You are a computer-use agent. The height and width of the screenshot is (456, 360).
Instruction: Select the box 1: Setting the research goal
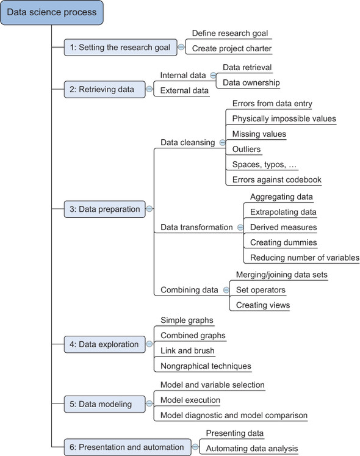[x=120, y=47]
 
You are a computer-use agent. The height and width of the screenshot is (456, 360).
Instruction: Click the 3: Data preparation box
[x=104, y=209]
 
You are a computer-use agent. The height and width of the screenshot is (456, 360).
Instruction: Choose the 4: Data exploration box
[x=104, y=344]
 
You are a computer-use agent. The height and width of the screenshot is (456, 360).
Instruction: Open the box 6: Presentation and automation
[x=126, y=447]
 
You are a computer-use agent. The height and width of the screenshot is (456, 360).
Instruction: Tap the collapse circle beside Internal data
[x=213, y=75]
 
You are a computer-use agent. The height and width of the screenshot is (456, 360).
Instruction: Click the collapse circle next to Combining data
[x=225, y=290]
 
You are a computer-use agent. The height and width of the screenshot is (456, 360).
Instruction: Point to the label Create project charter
[x=231, y=49]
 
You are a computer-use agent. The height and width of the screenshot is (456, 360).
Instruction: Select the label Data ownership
[x=251, y=82]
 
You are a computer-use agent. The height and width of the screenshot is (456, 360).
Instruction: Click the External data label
[x=184, y=91]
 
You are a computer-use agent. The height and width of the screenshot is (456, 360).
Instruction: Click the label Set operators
[x=261, y=290]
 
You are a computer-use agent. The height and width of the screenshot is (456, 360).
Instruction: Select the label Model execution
[x=190, y=400]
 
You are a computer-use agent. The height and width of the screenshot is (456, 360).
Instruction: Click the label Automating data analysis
[x=251, y=449]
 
